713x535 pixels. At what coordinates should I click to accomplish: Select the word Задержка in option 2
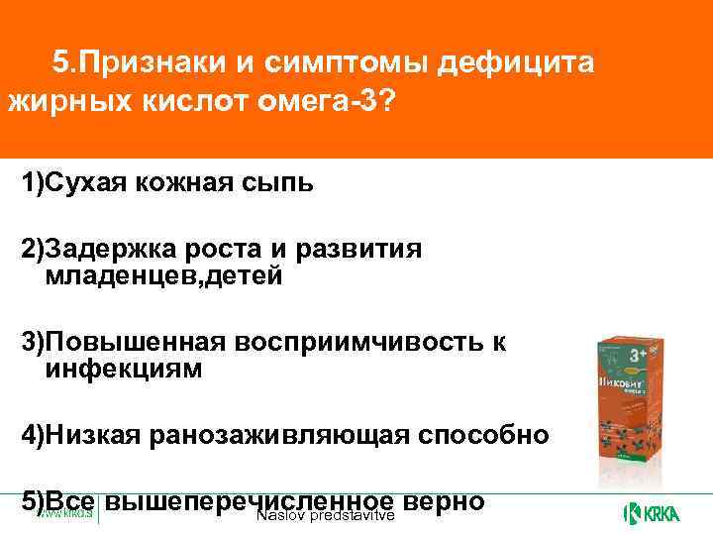tap(106, 251)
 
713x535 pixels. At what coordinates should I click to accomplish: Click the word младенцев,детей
tap(163, 277)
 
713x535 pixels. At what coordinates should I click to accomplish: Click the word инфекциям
tap(124, 370)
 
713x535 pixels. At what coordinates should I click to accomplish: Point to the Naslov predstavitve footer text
tap(325, 517)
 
